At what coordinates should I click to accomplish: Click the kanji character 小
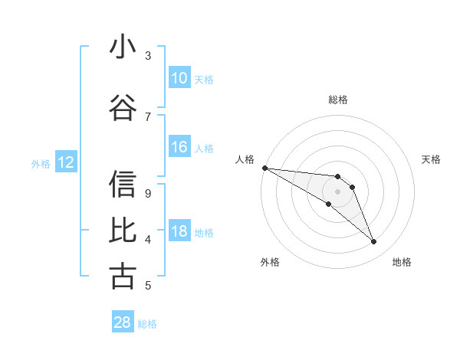click(x=123, y=48)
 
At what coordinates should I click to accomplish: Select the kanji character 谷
click(x=123, y=106)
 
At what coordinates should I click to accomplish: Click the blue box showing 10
click(x=179, y=78)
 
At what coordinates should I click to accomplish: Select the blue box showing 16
click(x=179, y=148)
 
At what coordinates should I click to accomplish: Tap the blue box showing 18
click(x=179, y=232)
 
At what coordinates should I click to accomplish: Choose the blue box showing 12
click(x=65, y=162)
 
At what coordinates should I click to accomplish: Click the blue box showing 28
click(x=122, y=322)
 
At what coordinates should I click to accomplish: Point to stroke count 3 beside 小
click(x=148, y=56)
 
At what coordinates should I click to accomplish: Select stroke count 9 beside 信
click(x=148, y=193)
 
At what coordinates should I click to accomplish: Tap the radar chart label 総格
click(x=337, y=100)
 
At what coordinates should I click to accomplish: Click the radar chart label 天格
click(x=431, y=159)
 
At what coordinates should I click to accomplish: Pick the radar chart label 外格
click(x=270, y=262)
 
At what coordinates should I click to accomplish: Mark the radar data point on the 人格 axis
click(x=264, y=168)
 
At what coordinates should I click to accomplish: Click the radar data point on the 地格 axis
click(x=373, y=241)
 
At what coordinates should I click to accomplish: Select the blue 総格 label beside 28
click(x=147, y=323)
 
